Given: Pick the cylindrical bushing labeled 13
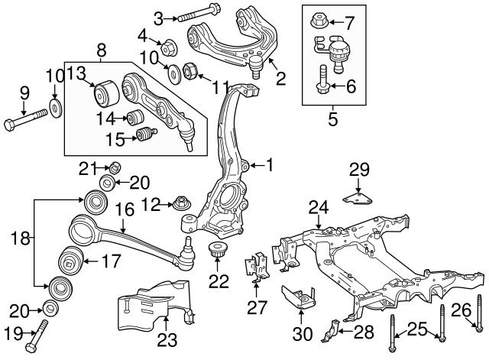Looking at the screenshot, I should [103, 94].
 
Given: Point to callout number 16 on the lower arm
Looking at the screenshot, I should [124, 209].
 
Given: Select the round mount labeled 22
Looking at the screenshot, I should [219, 251].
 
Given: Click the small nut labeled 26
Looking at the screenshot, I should [478, 329].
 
